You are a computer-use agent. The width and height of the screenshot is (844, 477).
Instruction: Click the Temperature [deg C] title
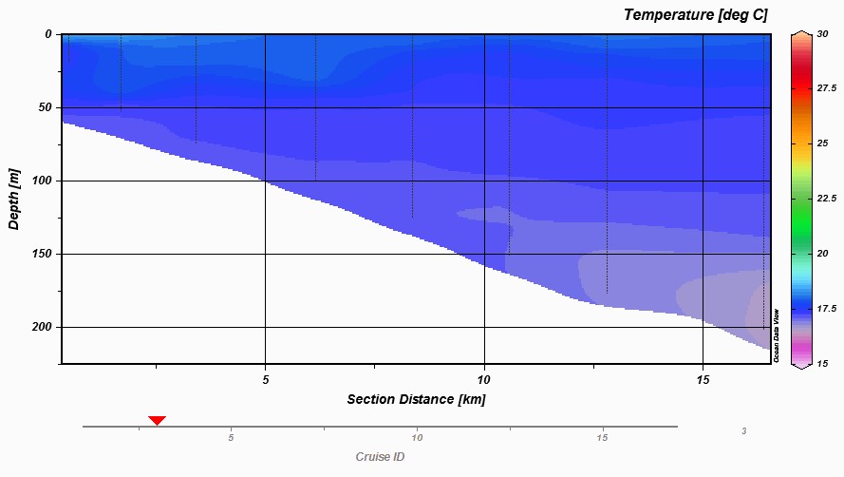696,14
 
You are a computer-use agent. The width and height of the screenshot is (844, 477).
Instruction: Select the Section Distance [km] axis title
416,399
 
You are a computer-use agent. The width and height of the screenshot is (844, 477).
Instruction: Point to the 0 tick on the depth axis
48,34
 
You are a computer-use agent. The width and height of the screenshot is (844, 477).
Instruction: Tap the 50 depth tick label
46,107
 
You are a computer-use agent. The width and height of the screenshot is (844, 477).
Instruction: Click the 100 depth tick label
43,181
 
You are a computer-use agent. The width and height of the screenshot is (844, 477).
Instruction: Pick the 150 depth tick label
43,254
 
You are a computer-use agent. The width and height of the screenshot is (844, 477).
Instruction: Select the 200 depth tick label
43,327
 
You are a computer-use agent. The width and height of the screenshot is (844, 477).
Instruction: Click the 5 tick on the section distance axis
266,379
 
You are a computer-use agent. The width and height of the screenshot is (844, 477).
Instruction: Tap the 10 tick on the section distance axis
484,379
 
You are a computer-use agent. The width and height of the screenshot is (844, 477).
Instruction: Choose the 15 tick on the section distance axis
702,379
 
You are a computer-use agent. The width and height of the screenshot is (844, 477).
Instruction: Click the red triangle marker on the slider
157,420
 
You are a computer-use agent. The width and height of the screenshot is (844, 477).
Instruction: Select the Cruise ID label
380,457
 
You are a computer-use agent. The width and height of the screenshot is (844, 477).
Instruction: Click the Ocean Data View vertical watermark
776,334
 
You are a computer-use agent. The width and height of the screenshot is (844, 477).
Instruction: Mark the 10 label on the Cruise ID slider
417,438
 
